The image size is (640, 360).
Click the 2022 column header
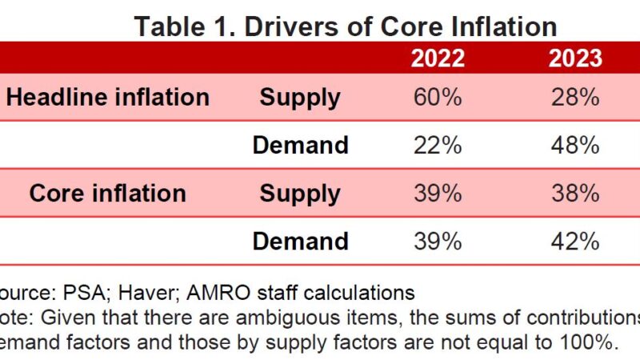437,58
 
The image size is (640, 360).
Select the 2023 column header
575,58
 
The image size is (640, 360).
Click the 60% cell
437,98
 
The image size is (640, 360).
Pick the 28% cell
575,98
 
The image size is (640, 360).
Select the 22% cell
437,145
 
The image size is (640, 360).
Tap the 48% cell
575,145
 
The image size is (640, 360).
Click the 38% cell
575,193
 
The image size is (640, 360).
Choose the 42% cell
575,240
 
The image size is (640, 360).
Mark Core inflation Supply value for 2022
437,193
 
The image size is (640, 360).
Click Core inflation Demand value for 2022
437,240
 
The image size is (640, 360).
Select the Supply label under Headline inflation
300,98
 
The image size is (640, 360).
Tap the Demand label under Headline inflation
300,145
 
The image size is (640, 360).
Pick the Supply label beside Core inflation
300,193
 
